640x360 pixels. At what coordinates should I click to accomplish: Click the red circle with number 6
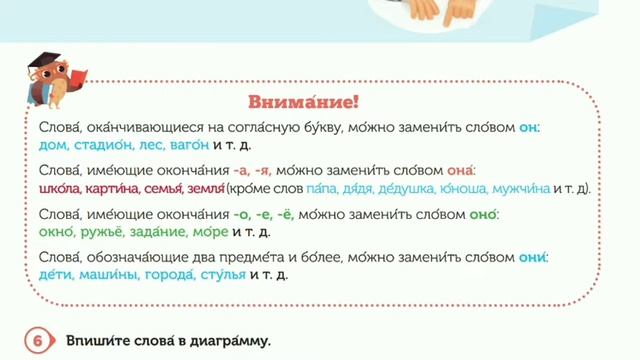tap(37, 341)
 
